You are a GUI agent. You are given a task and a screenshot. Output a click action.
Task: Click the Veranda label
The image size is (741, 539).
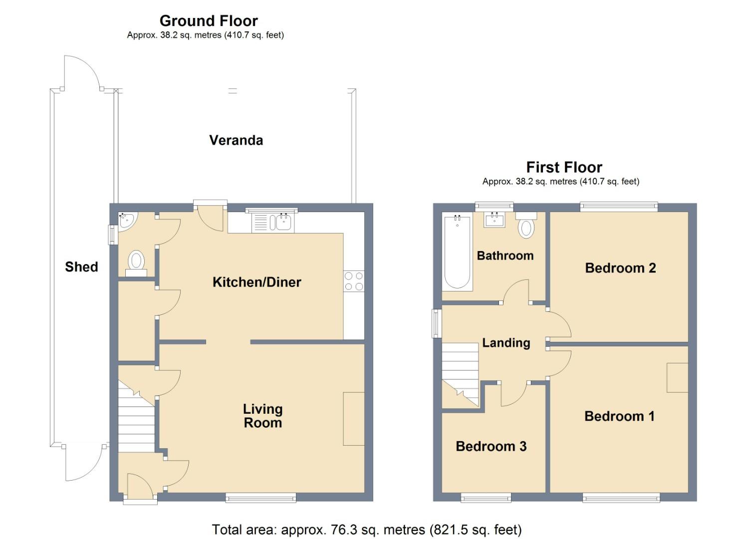(236, 140)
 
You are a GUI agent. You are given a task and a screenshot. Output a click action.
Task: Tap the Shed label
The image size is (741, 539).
(81, 267)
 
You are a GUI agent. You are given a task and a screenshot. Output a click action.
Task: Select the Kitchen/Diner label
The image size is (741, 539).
(256, 282)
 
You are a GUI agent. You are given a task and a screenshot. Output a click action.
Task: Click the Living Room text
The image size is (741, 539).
(262, 416)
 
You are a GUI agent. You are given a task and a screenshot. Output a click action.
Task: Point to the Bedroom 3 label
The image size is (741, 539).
(491, 446)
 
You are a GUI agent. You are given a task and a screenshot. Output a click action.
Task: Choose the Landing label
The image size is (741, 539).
(506, 343)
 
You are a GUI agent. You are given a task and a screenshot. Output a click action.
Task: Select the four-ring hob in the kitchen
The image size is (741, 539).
(353, 281)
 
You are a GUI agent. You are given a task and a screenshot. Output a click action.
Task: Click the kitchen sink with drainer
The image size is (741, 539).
(272, 222)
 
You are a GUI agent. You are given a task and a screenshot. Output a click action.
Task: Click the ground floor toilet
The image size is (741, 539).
(136, 262)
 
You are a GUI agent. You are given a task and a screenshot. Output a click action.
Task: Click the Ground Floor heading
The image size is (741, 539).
(209, 21)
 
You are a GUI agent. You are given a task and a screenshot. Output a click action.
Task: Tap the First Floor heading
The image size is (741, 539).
(564, 167)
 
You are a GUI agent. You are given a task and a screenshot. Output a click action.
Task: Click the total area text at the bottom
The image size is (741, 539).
(366, 530)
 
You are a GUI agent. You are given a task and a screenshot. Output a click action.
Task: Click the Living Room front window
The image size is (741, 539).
(260, 497)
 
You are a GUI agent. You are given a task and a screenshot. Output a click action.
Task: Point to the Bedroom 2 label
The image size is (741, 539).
(620, 268)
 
